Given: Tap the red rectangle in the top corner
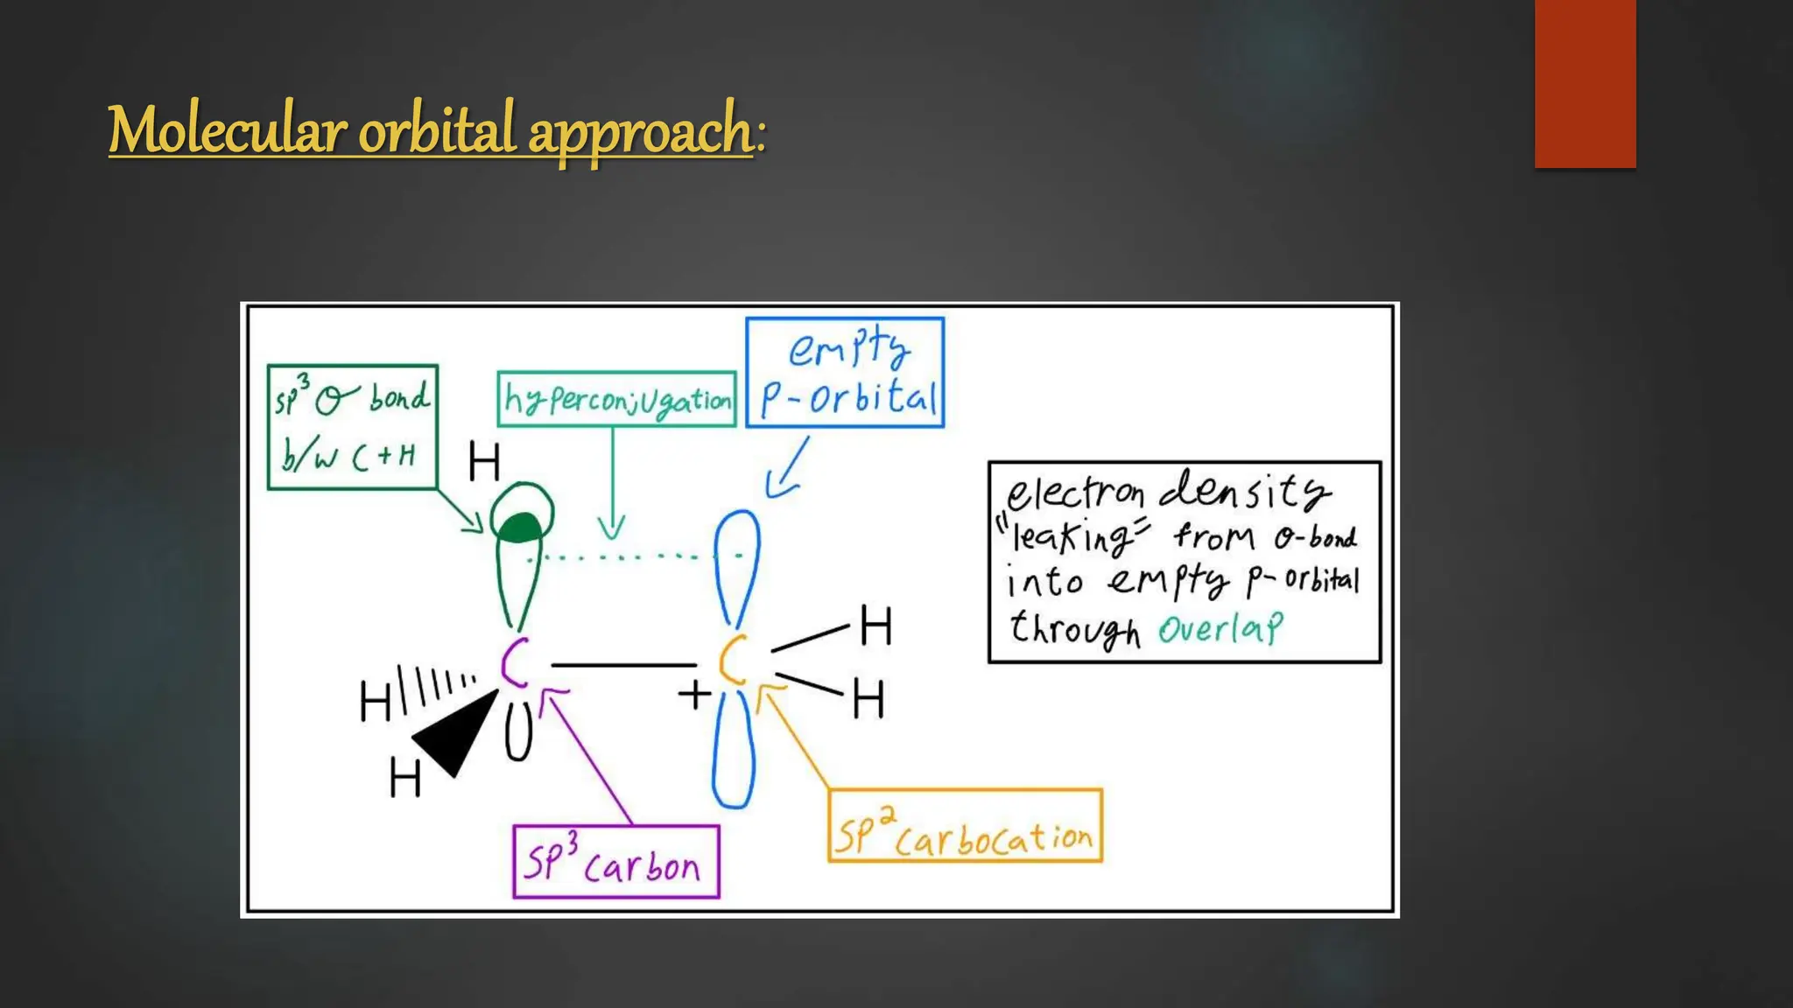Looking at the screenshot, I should tap(1585, 83).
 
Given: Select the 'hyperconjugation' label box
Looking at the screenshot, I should tap(616, 400).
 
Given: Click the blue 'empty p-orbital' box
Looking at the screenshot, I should tap(845, 373).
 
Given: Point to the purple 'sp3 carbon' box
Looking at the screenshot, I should tap(615, 862).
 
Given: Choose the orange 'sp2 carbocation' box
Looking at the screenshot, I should tap(965, 826).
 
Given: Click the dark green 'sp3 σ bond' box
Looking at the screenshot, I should tap(352, 427).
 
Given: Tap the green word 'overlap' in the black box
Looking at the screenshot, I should tap(1220, 628).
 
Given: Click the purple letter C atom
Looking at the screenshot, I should tap(515, 662).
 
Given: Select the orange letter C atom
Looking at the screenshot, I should tap(734, 661).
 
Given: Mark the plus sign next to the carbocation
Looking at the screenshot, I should tap(694, 694).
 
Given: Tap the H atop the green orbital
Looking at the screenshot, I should tap(484, 461).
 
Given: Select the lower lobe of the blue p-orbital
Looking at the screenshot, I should tap(734, 752).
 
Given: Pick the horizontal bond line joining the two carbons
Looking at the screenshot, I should tap(623, 666).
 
